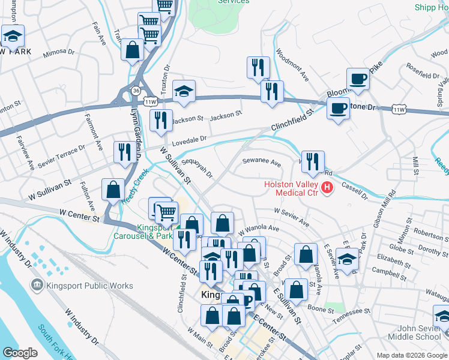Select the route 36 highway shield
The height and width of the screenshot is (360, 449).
[136, 91]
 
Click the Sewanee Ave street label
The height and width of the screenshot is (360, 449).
[261, 162]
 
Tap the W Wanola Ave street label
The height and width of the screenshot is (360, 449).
[259, 229]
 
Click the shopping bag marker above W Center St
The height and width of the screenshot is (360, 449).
[113, 190]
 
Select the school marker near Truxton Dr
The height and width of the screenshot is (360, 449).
[184, 91]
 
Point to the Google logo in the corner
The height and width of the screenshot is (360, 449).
[20, 353]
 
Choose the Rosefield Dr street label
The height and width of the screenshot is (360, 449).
[423, 76]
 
